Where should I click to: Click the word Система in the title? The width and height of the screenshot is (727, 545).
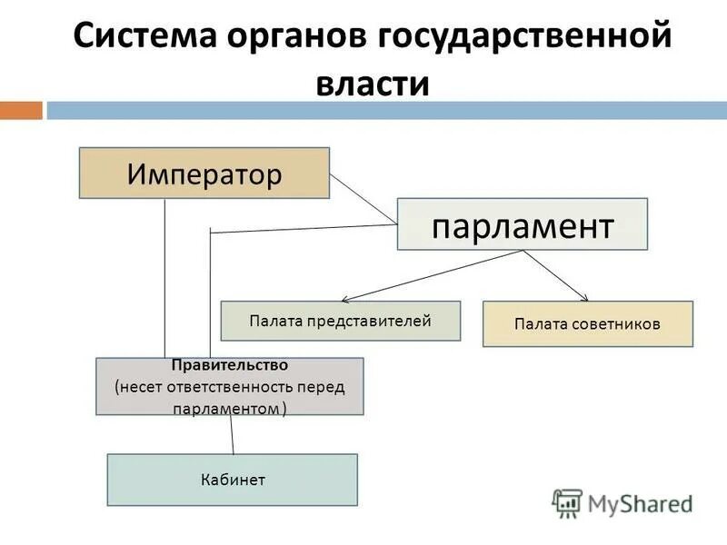click(x=143, y=39)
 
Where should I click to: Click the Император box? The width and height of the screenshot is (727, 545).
click(x=204, y=173)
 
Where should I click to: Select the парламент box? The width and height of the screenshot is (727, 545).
click(x=522, y=224)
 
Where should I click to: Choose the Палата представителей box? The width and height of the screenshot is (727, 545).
click(x=340, y=321)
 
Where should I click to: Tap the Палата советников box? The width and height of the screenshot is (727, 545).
click(x=587, y=324)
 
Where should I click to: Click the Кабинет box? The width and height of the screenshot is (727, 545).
click(x=232, y=480)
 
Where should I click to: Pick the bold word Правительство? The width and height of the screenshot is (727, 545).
click(x=229, y=365)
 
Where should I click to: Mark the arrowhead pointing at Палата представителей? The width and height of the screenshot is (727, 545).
click(x=346, y=300)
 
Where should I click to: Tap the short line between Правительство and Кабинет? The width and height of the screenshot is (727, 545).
click(x=232, y=434)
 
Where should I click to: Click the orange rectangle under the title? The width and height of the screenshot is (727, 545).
click(x=21, y=111)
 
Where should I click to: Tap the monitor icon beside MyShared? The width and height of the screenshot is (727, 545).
click(x=568, y=502)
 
